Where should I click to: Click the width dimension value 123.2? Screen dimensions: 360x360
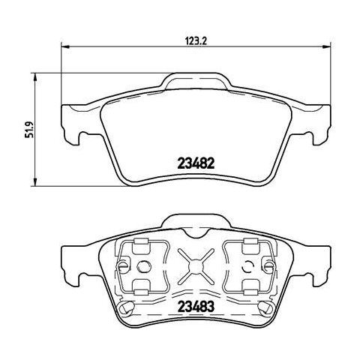click(196, 40)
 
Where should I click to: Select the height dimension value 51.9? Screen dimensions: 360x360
click(30, 130)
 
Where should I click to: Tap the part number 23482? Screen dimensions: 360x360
click(196, 163)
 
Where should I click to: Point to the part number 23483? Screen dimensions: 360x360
click(196, 306)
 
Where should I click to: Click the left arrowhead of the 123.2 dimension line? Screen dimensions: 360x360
click(65, 46)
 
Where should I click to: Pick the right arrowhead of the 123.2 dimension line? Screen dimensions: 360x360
click(327, 46)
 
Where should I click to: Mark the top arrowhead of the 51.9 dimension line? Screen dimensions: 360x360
click(35, 77)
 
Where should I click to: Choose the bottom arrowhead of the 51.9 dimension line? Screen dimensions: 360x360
click(35, 182)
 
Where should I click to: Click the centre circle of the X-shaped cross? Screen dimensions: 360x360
click(196, 266)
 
